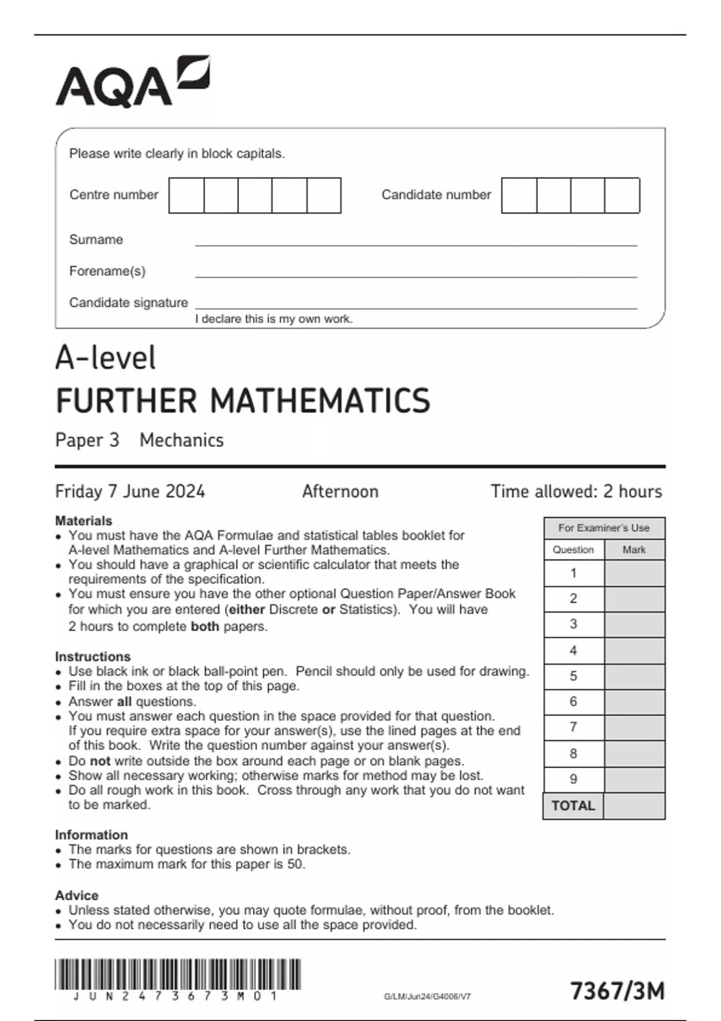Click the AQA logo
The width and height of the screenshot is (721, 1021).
[x=132, y=82]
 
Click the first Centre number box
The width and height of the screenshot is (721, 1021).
[x=186, y=195]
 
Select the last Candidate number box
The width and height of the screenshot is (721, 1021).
[x=622, y=195]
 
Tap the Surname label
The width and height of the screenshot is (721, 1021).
[x=96, y=240]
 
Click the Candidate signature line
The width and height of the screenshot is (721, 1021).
[x=416, y=308]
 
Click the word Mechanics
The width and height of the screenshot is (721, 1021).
[x=181, y=440]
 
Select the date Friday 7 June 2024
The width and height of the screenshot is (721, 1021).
[x=130, y=491]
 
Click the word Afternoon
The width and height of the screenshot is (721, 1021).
[x=340, y=491]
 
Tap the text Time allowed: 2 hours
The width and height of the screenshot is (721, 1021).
[x=576, y=491]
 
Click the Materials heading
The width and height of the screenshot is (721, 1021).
[x=84, y=521]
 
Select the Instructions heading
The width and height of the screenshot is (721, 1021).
[x=93, y=656]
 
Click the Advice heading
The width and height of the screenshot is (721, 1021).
[x=76, y=895]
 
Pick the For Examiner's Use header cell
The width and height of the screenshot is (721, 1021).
[x=604, y=528]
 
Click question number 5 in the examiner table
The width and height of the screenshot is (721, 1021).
[x=573, y=676]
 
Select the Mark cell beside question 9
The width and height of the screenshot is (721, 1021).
[x=634, y=780]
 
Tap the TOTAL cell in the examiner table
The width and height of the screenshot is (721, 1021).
[x=573, y=806]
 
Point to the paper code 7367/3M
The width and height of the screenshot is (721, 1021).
[x=617, y=991]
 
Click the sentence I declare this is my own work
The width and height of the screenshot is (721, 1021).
[x=273, y=319]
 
